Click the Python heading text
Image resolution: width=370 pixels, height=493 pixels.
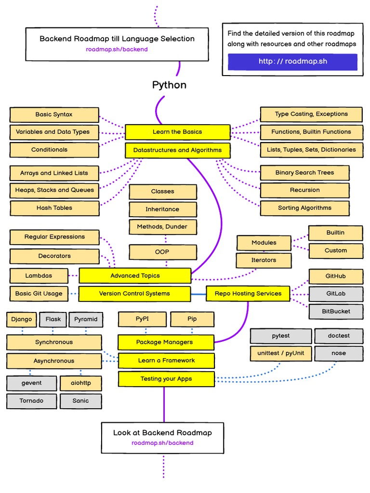(x=169, y=85)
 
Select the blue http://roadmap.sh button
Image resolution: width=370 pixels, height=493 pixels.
(x=292, y=62)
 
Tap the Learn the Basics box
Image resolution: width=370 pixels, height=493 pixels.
(x=177, y=132)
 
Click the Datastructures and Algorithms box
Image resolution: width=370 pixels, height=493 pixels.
(x=177, y=150)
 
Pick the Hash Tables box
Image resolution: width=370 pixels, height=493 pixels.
(x=54, y=208)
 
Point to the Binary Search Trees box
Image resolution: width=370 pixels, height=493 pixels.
(x=304, y=173)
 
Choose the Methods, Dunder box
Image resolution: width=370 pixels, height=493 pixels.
(x=162, y=227)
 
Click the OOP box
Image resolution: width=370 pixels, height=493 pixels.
(x=162, y=252)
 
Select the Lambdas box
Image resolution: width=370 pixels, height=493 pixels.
(x=39, y=276)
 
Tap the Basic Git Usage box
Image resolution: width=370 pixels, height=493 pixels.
(x=39, y=294)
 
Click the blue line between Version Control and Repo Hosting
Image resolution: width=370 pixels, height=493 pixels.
(x=198, y=294)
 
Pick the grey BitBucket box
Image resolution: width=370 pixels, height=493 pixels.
(x=336, y=311)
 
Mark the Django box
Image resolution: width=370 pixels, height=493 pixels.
(x=21, y=319)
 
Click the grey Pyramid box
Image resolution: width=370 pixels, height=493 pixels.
(x=85, y=319)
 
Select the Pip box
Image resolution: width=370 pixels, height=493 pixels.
(x=192, y=319)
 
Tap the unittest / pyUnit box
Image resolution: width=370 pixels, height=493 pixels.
(x=280, y=353)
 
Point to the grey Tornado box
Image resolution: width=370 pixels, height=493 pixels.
(x=31, y=401)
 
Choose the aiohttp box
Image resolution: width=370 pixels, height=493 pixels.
(x=80, y=383)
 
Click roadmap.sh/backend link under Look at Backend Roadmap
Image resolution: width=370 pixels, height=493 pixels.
(x=162, y=443)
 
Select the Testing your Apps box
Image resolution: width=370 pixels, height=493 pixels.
(x=166, y=379)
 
